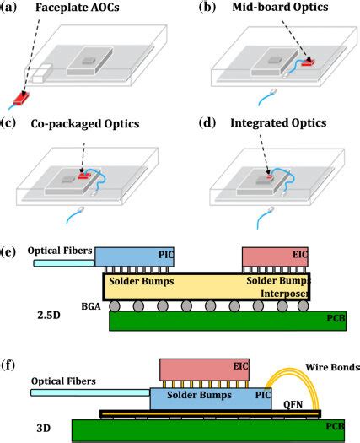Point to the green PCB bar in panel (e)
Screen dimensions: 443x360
[211, 321]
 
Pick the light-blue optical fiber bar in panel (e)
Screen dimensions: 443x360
[64, 262]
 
